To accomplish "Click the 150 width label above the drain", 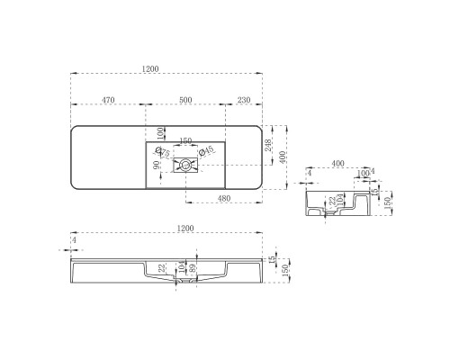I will coord(184,140).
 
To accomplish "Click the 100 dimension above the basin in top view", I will coord(161,133).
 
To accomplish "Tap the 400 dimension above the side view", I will coord(337,163).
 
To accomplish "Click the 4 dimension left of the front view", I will coord(74,240).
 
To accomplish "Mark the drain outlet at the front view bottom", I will coord(186,282).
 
